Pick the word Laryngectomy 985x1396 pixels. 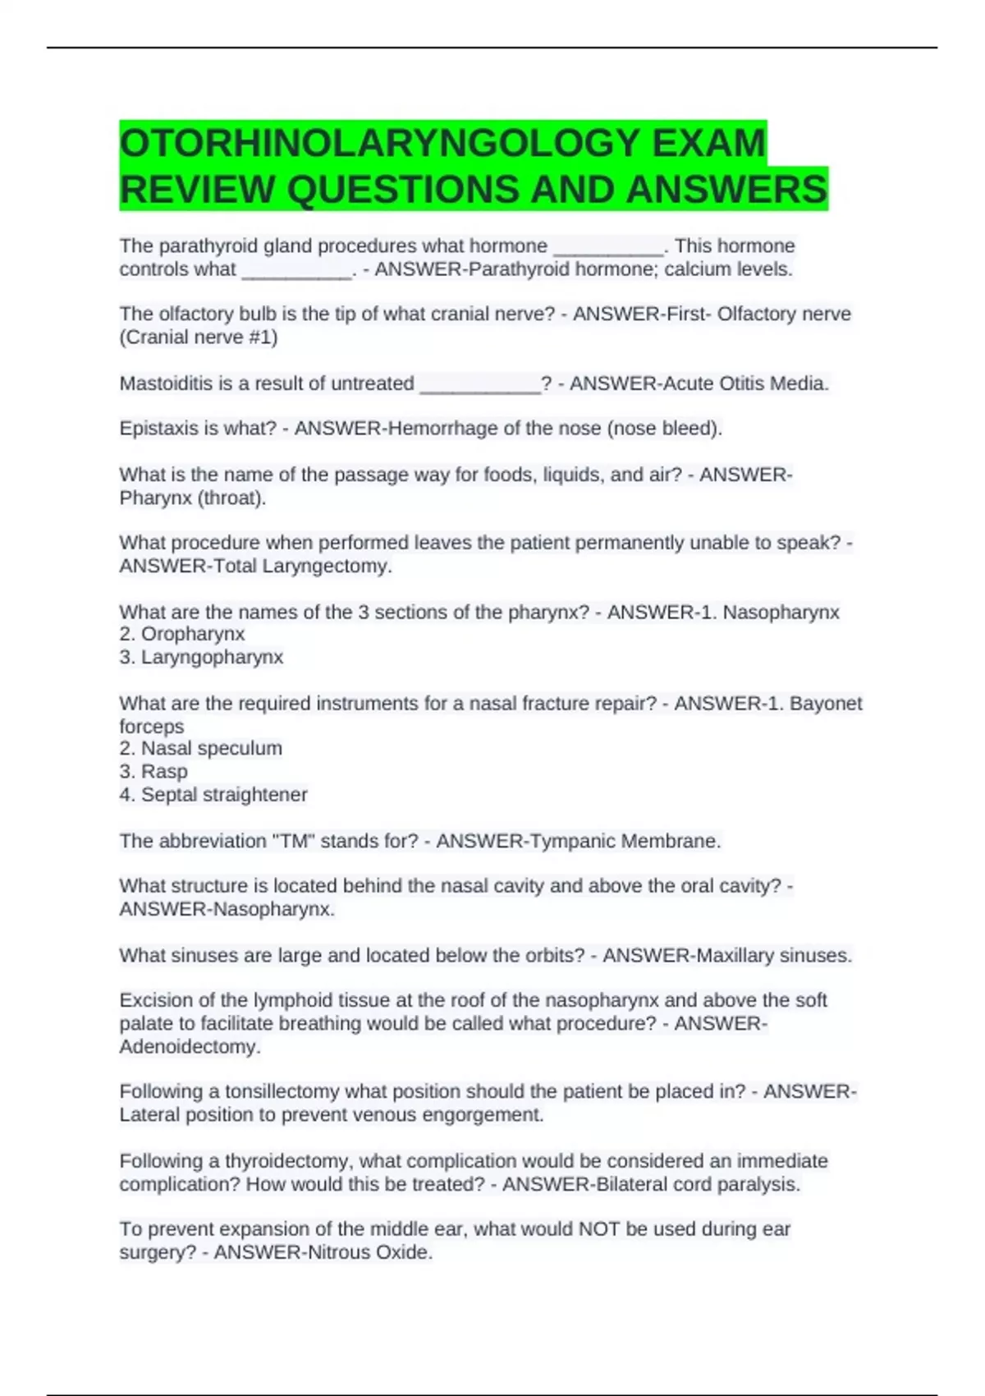[327, 566]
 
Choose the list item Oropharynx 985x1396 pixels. [193, 634]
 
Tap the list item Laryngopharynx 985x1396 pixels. [212, 657]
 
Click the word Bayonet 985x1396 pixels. [826, 704]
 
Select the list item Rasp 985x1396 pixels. [164, 771]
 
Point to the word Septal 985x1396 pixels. [167, 795]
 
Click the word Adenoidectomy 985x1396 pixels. [190, 1047]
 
